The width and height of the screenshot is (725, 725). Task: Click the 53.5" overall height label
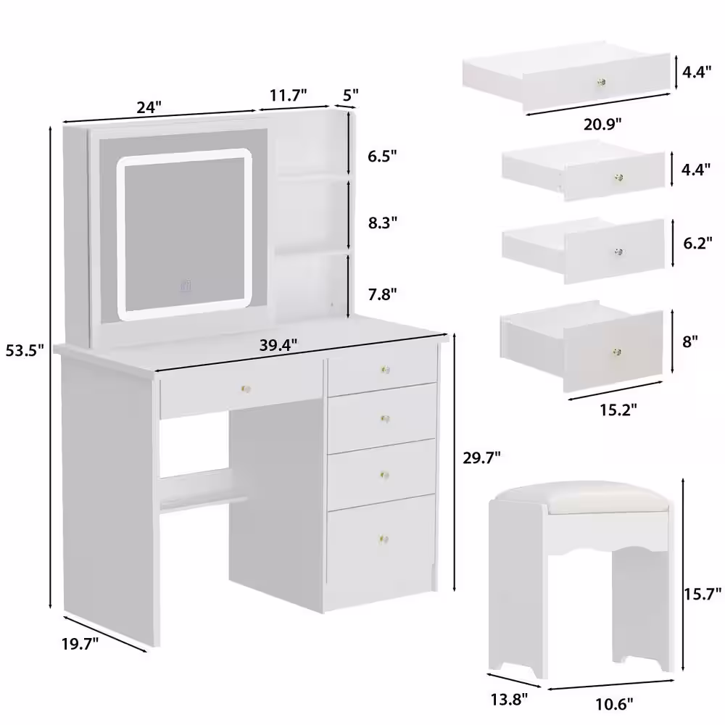[25, 350]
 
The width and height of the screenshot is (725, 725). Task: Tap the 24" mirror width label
[149, 107]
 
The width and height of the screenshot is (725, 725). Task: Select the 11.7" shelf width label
[289, 95]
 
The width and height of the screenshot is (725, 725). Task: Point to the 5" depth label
[350, 95]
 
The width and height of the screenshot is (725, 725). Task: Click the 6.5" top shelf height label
[382, 157]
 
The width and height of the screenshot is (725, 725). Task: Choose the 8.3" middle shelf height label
[382, 223]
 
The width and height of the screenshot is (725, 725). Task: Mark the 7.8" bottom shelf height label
[382, 294]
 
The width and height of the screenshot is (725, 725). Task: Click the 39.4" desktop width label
[278, 345]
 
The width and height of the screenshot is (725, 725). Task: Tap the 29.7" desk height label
[482, 457]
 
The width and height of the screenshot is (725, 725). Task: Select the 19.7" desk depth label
[80, 643]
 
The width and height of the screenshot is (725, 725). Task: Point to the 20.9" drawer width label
[602, 124]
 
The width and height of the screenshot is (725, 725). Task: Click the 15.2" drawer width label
[618, 409]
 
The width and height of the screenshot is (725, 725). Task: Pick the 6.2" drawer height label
[697, 243]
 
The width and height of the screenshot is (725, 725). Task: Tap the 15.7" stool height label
[703, 593]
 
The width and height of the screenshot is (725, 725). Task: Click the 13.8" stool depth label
[509, 700]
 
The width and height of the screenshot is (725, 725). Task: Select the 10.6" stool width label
[613, 704]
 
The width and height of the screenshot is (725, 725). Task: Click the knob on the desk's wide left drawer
[246, 389]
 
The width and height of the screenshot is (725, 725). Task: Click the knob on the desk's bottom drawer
[384, 539]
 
